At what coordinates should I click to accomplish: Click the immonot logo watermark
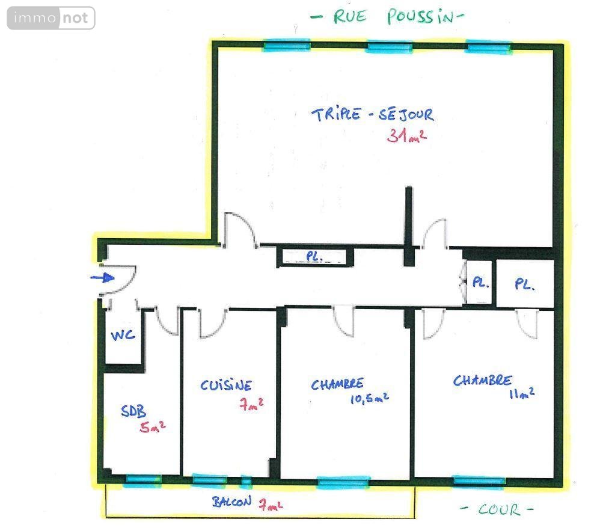51,18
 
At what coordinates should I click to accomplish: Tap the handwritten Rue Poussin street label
387,17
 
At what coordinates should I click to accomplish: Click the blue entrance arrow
103,278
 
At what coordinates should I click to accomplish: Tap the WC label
123,335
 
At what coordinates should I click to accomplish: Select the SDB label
133,411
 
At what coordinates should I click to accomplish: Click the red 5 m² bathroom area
152,426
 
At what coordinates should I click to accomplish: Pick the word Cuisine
226,385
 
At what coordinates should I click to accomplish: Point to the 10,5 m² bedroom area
369,398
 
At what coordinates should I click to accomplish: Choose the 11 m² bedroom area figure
522,393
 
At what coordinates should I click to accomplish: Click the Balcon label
231,502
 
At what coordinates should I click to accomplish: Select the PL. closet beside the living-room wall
314,257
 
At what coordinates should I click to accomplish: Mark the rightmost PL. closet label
525,284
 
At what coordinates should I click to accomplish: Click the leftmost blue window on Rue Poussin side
287,46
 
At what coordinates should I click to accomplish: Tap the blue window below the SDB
142,480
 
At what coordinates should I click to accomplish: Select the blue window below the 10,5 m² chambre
343,482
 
